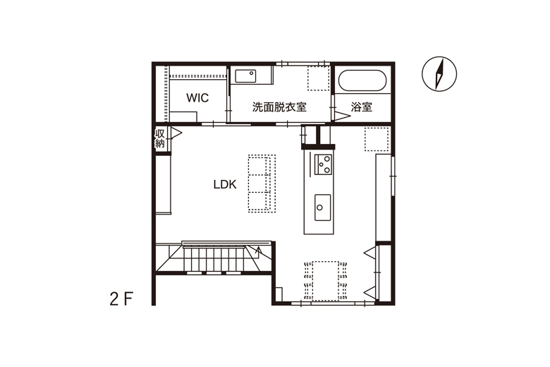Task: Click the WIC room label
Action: pos(197,97)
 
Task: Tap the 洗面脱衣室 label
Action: pos(279,107)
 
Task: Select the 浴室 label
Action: pos(362,107)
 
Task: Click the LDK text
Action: pos(225,184)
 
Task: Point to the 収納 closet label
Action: pos(160,138)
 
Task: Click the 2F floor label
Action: pos(121,299)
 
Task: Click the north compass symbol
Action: pos(439,74)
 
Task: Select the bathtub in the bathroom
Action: pos(362,80)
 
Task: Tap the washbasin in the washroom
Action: pos(245,76)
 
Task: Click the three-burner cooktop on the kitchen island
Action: pos(323,164)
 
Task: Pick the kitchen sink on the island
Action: pos(322,207)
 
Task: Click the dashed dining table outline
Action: pos(326,281)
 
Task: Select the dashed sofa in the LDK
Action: pos(262,183)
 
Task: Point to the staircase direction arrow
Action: pos(259,252)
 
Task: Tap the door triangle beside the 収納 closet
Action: pos(176,133)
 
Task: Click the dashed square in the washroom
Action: pos(319,78)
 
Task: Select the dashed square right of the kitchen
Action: pos(377,140)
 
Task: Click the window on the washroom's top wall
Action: pos(302,64)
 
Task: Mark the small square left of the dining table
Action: pos(279,294)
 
